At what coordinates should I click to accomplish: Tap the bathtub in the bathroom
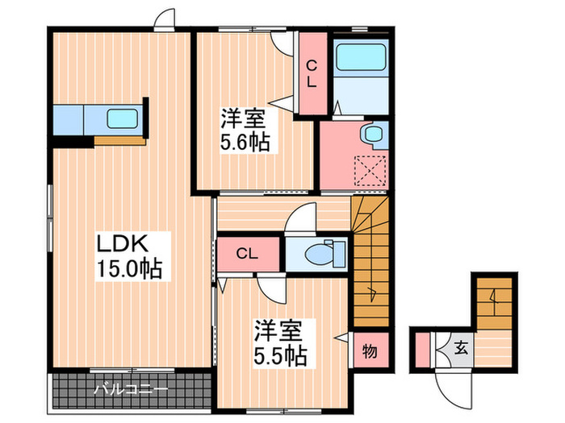click(361, 60)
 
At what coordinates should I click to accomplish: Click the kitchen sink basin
click(123, 119)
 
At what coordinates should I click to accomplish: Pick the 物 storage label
click(370, 350)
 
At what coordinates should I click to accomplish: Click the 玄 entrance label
click(460, 349)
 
